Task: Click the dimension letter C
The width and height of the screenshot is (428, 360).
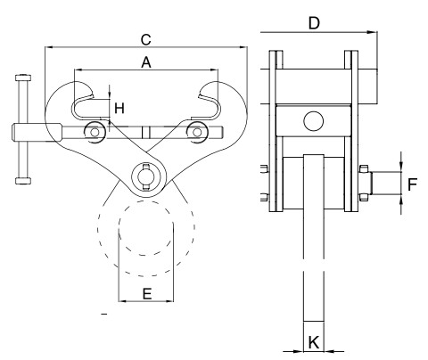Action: tap(145, 39)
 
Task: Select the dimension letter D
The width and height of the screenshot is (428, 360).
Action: tap(314, 22)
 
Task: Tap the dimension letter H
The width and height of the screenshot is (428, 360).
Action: tap(119, 108)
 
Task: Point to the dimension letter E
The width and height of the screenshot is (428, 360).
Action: tap(146, 291)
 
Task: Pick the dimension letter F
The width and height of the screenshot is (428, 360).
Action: tap(412, 185)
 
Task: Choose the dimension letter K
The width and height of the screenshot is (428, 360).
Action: tap(313, 341)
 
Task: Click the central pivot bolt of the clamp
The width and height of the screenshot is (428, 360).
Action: tap(146, 175)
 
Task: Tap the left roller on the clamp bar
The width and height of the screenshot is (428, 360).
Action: tap(93, 133)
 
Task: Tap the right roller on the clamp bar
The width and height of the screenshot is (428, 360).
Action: tap(195, 133)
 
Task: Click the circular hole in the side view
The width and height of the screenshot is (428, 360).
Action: tap(313, 119)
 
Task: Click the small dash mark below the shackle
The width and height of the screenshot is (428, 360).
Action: tap(104, 315)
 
